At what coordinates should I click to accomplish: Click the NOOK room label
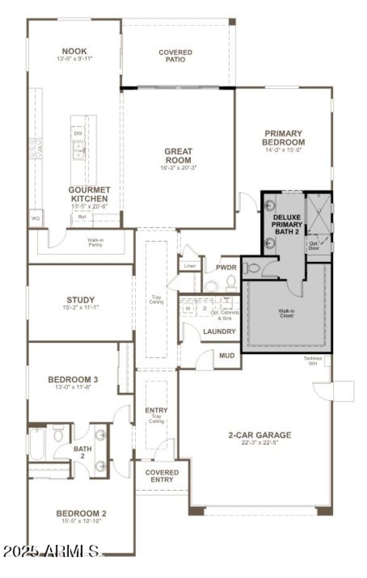click(x=74, y=51)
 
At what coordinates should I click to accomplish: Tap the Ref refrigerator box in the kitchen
click(x=82, y=217)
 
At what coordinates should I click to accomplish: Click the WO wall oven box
click(x=36, y=219)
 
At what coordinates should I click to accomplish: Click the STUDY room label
click(x=80, y=300)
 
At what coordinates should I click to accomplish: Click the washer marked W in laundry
click(x=188, y=308)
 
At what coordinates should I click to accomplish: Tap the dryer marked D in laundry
click(x=205, y=308)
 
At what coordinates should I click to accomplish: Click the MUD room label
click(x=227, y=355)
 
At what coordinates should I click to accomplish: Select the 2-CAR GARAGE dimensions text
click(x=260, y=443)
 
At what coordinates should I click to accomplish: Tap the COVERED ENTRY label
click(x=162, y=476)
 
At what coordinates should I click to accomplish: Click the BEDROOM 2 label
click(x=81, y=513)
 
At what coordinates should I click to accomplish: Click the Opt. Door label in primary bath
click(x=314, y=246)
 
